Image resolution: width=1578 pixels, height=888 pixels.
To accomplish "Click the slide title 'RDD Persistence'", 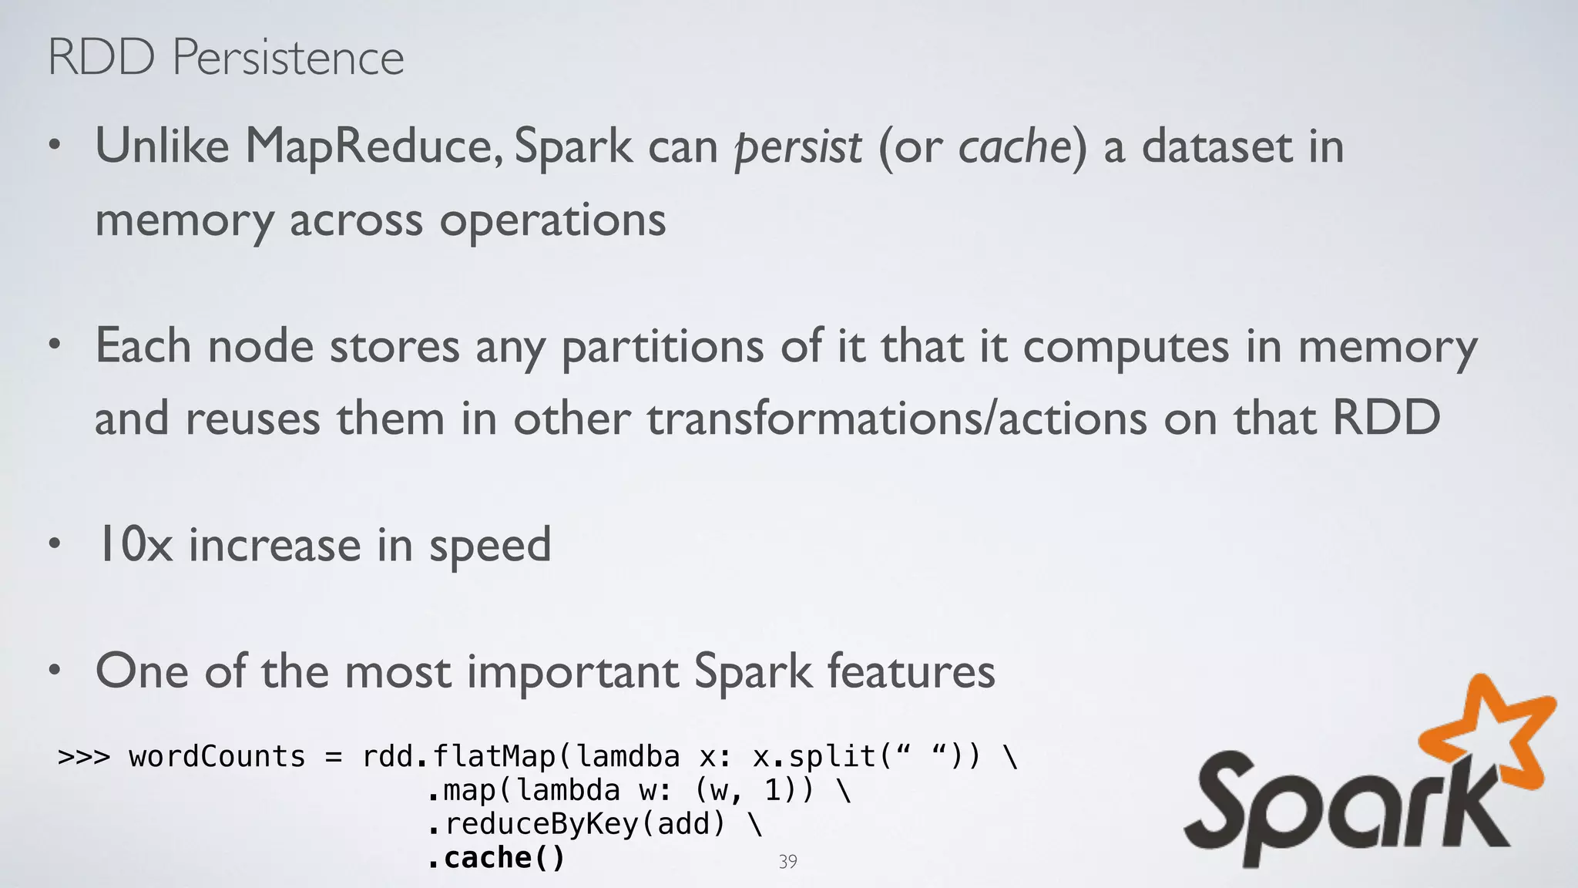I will point(226,57).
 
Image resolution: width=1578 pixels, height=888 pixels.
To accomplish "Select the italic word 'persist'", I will point(798,146).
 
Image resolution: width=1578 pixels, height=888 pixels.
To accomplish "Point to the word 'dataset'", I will point(1216,146).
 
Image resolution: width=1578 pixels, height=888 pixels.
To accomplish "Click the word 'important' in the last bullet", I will point(572,671).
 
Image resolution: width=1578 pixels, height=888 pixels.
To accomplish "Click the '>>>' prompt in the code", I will point(84,757).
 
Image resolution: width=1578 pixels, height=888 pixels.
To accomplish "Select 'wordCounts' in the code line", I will point(217,757).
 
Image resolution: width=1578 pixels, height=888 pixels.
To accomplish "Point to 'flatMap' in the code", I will point(494,757).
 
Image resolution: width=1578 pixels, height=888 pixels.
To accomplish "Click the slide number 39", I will point(787,862).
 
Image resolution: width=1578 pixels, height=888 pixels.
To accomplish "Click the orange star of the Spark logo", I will point(1491,732).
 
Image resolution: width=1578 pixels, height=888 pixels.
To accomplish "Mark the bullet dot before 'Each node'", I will point(54,345).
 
